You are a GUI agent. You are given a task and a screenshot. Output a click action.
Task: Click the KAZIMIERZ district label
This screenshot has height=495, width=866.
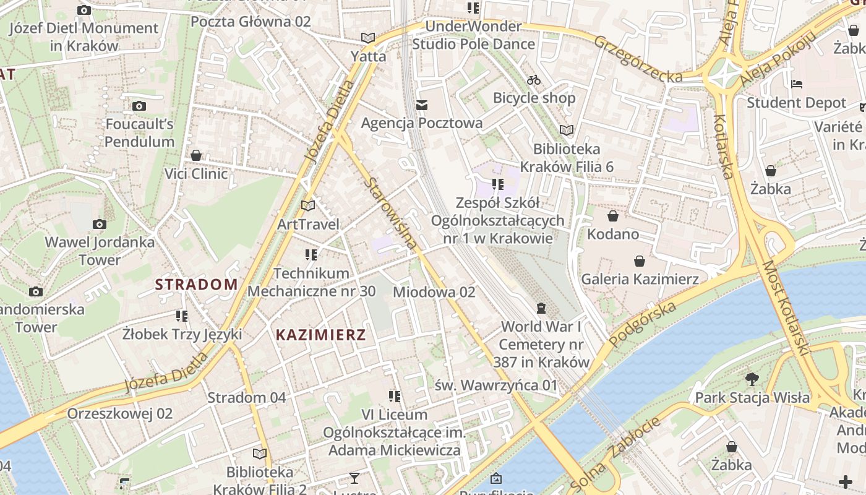coord(320,335)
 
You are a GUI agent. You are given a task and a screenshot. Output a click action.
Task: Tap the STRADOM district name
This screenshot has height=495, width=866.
coord(196,285)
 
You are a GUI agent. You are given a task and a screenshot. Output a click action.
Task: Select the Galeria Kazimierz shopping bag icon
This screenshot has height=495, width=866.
coord(639,261)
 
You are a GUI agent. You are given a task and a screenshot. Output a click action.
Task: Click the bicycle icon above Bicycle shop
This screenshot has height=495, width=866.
coord(534,80)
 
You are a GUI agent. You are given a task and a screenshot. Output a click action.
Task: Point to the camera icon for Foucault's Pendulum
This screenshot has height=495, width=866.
coord(139,106)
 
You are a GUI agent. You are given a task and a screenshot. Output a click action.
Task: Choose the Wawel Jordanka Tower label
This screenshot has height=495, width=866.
coord(100,251)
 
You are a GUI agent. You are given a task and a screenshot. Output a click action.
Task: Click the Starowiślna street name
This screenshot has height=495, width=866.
coord(391,213)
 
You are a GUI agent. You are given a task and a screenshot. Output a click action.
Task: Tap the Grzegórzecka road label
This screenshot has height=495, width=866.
coord(638,59)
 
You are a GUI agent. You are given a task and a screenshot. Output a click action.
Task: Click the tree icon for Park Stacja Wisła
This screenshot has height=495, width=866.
coord(752,379)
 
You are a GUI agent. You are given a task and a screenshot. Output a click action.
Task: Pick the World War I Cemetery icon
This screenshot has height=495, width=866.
coord(541,308)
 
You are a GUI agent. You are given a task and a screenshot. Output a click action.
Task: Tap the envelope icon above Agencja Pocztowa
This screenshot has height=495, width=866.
coord(422,105)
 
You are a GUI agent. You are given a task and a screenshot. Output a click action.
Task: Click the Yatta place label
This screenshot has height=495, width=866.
coord(368,56)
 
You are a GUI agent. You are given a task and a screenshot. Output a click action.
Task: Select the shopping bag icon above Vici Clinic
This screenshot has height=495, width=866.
coord(196,155)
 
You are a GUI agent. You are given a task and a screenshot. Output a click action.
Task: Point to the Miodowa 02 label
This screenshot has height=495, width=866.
coord(434,292)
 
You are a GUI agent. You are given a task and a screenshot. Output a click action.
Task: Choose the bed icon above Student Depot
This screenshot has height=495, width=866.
coord(797,84)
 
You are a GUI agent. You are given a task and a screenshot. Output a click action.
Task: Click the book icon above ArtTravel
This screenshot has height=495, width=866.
coord(308,205)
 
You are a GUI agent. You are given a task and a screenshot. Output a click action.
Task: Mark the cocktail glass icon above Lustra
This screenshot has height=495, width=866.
coord(354,478)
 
